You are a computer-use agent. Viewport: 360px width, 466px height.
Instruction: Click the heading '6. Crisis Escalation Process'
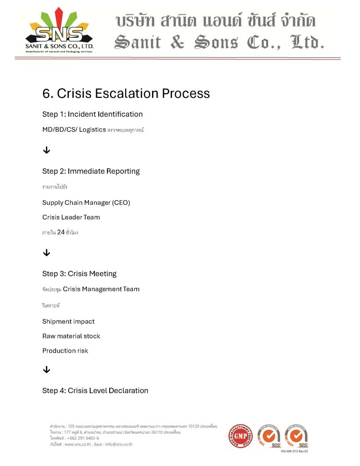pyautogui.click(x=126, y=93)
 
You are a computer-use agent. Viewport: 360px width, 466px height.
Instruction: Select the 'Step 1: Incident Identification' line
pyautogui.click(x=92, y=114)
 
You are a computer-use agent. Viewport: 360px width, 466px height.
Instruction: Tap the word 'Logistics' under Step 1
pyautogui.click(x=92, y=130)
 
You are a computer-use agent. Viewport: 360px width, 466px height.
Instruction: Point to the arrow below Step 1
pyautogui.click(x=46, y=151)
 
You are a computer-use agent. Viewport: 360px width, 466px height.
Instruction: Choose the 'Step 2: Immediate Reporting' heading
pyautogui.click(x=91, y=171)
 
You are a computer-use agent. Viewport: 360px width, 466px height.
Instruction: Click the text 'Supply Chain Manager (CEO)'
pyautogui.click(x=86, y=203)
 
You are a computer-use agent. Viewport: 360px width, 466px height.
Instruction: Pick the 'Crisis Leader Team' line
pyautogui.click(x=71, y=217)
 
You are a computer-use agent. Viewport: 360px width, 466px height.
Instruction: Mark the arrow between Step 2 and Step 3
pyautogui.click(x=46, y=253)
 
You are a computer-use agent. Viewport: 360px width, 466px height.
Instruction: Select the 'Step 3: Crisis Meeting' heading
pyautogui.click(x=79, y=274)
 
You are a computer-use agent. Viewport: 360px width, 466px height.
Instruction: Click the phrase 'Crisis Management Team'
pyautogui.click(x=101, y=289)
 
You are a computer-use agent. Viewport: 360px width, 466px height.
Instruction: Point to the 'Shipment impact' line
pyautogui.click(x=68, y=321)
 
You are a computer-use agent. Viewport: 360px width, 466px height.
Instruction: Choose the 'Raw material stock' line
pyautogui.click(x=71, y=336)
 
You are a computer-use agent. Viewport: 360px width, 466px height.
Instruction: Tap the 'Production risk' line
pyautogui.click(x=65, y=350)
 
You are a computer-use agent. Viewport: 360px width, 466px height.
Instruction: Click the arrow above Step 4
pyautogui.click(x=46, y=370)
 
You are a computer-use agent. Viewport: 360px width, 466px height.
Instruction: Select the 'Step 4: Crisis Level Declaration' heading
pyautogui.click(x=95, y=390)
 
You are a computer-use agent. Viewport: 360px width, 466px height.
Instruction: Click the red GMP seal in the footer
pyautogui.click(x=240, y=436)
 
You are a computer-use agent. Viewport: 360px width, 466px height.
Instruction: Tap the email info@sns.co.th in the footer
pyautogui.click(x=118, y=444)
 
